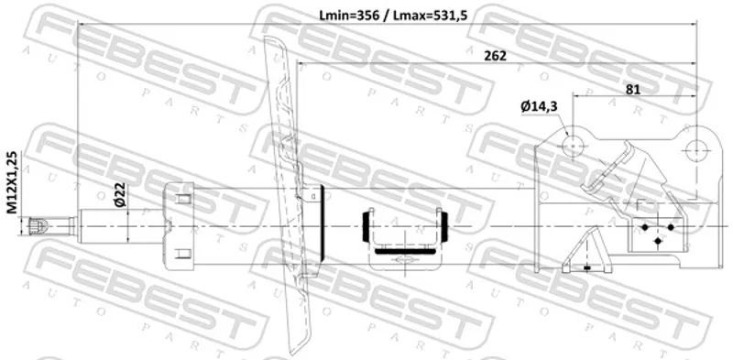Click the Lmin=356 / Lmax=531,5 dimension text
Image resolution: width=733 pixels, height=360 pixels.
[x=393, y=16]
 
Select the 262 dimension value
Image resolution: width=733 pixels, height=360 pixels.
[x=495, y=56]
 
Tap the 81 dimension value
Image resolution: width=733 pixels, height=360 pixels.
[x=632, y=89]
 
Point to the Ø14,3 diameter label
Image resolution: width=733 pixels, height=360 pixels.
[x=539, y=107]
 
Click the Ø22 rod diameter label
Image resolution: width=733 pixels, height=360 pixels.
[x=119, y=195]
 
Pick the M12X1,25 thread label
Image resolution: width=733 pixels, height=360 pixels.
[x=12, y=183]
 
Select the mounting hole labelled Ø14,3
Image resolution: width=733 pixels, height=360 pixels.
[x=574, y=146]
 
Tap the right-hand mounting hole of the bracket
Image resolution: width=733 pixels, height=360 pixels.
[x=696, y=149]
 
